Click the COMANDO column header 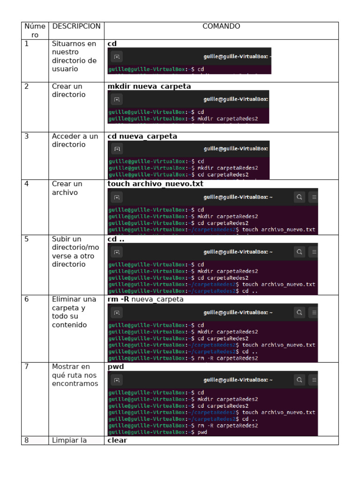(x=221, y=26)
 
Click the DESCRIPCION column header (x=76, y=26)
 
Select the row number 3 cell (x=27, y=136)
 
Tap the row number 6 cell (x=27, y=299)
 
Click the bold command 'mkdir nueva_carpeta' (x=149, y=86)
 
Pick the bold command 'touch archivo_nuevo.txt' (x=156, y=184)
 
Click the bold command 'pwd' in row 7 (x=116, y=367)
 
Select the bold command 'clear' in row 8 (x=117, y=440)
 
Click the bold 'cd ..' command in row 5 (x=116, y=239)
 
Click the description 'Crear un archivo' (x=67, y=188)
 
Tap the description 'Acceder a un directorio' (x=75, y=141)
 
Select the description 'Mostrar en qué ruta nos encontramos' (x=75, y=375)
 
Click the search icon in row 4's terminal (x=299, y=197)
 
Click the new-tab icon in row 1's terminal (x=117, y=57)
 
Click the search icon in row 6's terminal (x=299, y=312)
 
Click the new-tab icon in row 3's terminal (x=117, y=149)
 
